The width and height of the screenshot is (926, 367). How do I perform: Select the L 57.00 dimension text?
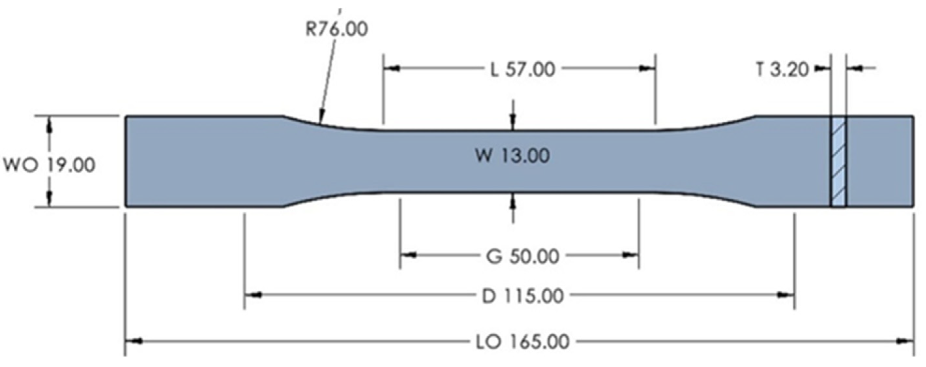(x=523, y=69)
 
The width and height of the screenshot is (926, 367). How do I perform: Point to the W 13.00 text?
(x=512, y=156)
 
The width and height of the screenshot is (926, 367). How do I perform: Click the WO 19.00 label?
(x=49, y=165)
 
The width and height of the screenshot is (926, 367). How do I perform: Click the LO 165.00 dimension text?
(x=523, y=342)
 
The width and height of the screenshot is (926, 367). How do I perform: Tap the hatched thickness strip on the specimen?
(x=839, y=161)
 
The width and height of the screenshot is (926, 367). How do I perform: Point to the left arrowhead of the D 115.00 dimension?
(x=253, y=295)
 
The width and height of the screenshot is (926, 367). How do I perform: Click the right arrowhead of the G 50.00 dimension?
(x=630, y=255)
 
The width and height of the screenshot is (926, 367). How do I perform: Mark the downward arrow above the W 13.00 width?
(x=513, y=122)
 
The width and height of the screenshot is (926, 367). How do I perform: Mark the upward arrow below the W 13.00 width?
(x=513, y=202)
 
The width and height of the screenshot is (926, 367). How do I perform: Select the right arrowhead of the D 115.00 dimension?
(x=786, y=295)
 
